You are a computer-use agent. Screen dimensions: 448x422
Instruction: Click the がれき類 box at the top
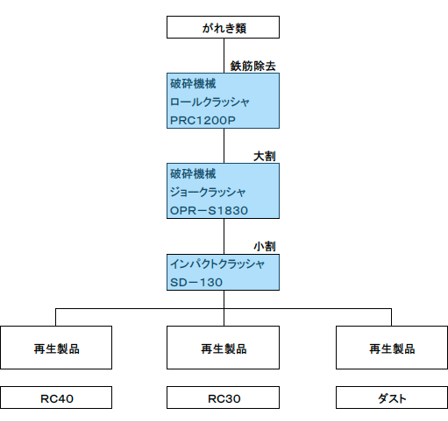(223, 27)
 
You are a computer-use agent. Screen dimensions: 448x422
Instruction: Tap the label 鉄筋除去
(252, 66)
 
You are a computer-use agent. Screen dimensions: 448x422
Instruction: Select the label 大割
(265, 157)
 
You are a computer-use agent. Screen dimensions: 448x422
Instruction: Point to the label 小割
(265, 247)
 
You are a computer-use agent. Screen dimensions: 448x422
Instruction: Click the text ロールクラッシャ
(210, 102)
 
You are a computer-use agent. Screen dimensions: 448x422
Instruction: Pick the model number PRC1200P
(203, 120)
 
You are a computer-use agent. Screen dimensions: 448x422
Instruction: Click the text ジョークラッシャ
(208, 193)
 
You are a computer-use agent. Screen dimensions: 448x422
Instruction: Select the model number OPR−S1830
(209, 210)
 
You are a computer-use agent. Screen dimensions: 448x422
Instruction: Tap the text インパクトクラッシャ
(217, 264)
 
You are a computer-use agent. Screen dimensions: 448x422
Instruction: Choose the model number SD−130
(196, 282)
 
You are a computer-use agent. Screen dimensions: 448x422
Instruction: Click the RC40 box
(56, 397)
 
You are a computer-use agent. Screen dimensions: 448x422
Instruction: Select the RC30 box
(223, 397)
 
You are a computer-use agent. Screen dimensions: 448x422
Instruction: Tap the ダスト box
(392, 397)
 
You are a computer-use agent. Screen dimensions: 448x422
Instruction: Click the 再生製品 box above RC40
(56, 348)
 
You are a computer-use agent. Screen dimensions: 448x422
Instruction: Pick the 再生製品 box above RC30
(223, 348)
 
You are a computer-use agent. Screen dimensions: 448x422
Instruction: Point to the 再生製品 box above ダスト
(392, 348)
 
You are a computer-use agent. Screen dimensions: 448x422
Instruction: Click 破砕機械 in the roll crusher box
(193, 84)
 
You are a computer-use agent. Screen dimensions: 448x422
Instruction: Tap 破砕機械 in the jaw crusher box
(193, 174)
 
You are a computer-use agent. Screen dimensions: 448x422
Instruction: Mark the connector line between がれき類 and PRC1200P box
(224, 55)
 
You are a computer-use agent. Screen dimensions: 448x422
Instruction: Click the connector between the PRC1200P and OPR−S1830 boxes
(224, 145)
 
